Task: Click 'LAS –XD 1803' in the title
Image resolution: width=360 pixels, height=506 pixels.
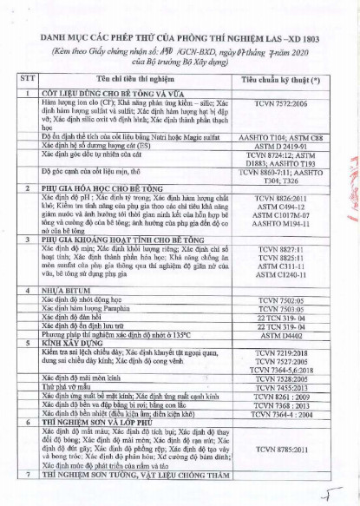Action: [x=274, y=41]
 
